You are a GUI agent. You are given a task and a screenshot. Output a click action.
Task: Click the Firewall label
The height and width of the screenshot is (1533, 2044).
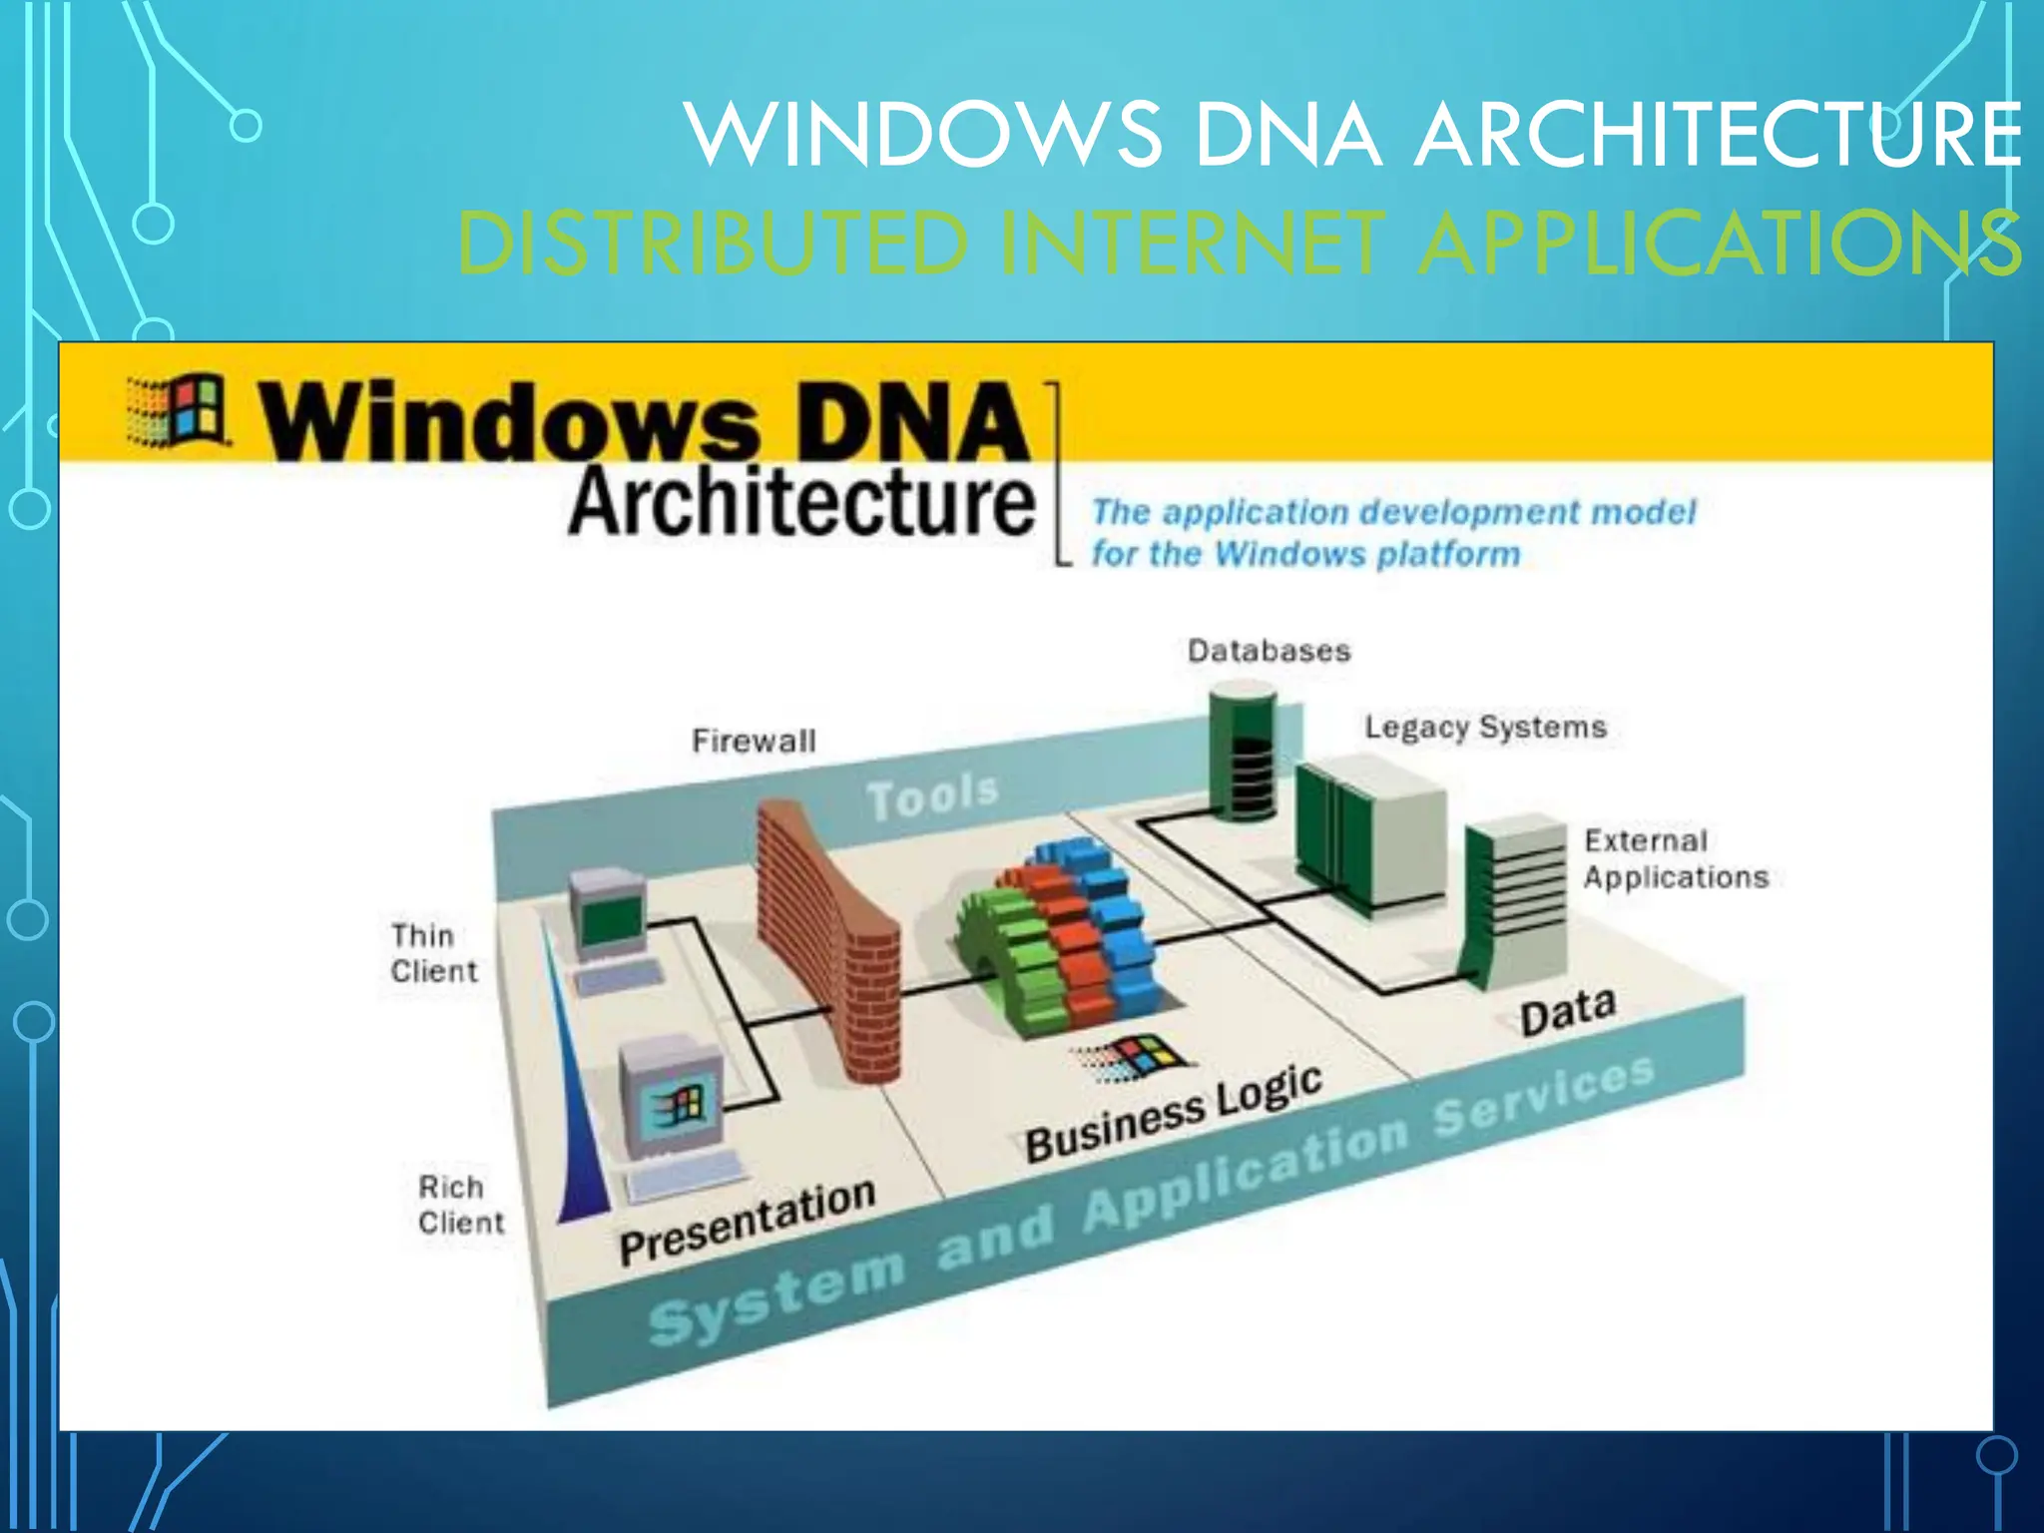754,741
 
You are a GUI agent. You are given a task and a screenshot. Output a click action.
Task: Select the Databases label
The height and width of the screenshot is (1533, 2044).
1269,651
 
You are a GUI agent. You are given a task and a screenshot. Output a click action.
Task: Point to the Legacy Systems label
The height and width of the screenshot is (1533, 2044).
1485,727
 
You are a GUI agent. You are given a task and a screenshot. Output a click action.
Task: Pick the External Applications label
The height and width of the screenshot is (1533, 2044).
1674,859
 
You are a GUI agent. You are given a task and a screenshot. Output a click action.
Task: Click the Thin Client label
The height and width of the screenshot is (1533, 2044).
433,953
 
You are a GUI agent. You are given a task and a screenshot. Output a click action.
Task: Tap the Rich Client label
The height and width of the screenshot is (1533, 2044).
460,1205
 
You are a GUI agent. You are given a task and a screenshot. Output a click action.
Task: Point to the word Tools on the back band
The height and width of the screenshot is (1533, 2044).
932,796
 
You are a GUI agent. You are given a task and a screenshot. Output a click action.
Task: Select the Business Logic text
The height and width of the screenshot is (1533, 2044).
1174,1114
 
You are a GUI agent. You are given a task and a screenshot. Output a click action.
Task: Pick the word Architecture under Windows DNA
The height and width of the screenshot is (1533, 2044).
801,502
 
